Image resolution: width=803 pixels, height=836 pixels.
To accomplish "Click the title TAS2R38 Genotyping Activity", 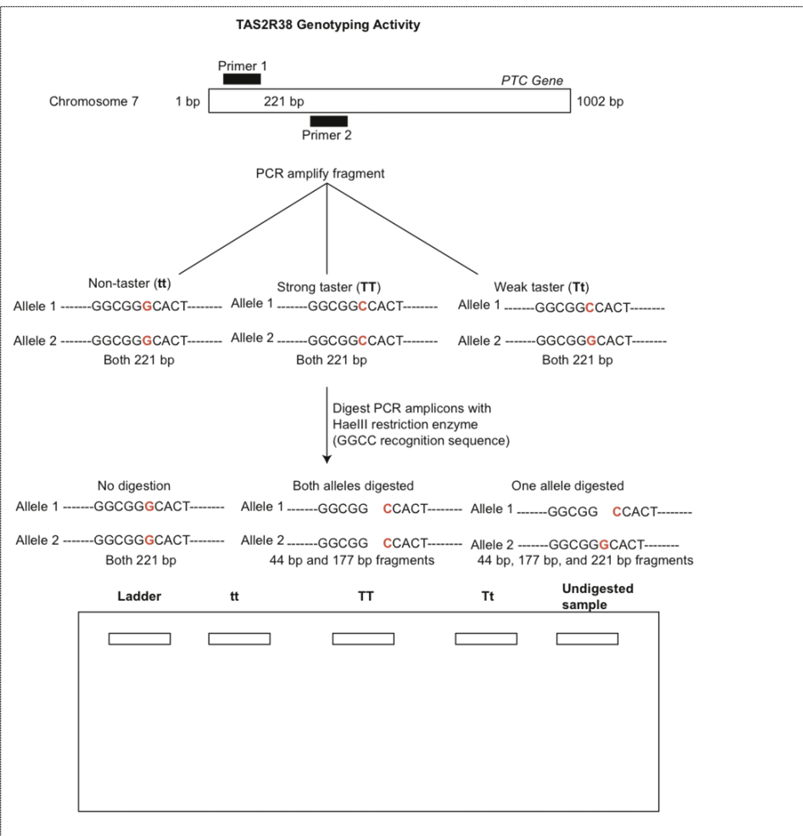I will (327, 25).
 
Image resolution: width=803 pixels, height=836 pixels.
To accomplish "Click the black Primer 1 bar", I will (241, 79).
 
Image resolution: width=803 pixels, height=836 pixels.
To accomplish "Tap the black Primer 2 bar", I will (329, 121).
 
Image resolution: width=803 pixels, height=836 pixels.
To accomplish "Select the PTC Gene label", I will (532, 81).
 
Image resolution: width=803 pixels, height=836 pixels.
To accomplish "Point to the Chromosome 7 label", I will (93, 101).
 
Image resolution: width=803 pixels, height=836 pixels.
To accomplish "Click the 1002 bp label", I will (600, 101).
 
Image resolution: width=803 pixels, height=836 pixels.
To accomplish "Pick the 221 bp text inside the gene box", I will (284, 101).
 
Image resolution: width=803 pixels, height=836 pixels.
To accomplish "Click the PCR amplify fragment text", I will (320, 173).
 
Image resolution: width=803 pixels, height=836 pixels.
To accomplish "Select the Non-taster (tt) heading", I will (129, 283).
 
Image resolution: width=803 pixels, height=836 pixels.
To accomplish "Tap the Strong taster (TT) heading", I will (329, 287).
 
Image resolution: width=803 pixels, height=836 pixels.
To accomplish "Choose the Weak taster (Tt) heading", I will (541, 287).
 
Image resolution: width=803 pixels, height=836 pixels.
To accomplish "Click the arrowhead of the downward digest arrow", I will (327, 459).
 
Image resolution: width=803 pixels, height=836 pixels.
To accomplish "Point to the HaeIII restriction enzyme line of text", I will (405, 424).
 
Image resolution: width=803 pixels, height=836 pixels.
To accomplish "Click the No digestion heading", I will (134, 485).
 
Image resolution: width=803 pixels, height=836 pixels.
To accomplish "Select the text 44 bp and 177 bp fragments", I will (352, 560).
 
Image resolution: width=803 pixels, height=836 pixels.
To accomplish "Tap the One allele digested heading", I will (567, 485).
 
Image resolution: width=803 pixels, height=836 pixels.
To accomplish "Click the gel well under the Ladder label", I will (139, 638).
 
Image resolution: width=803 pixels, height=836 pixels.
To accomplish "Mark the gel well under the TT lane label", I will (363, 638).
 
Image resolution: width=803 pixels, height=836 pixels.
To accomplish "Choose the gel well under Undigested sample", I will (587, 638).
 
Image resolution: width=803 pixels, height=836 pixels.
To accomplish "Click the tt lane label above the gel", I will (234, 596).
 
